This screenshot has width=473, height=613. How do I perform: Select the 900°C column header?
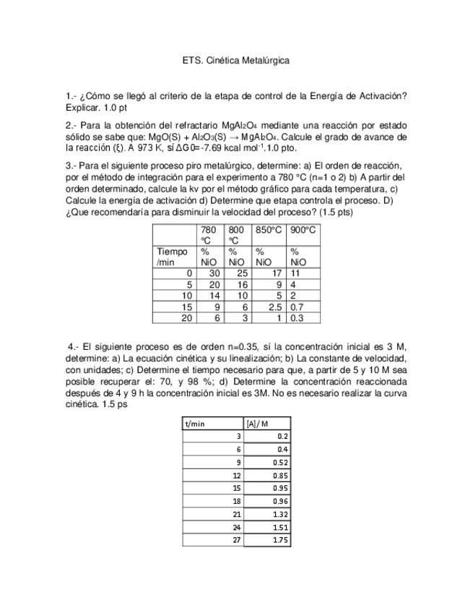pos(304,229)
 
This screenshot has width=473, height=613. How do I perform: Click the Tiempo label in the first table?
pos(172,251)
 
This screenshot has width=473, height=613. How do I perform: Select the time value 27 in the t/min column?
pos(236,539)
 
